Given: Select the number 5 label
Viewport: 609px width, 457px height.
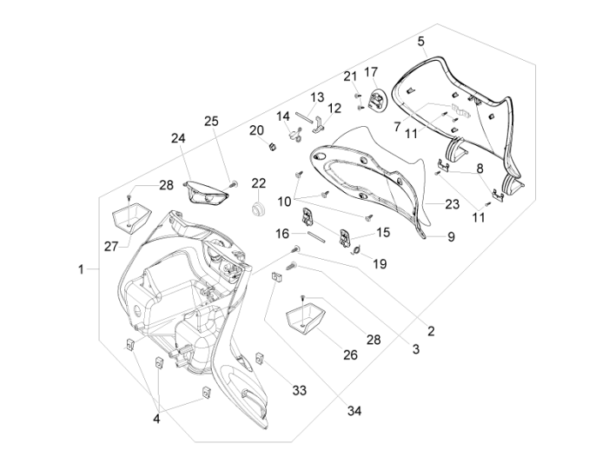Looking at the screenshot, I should [421, 41].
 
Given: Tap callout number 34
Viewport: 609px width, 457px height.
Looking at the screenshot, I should [355, 411].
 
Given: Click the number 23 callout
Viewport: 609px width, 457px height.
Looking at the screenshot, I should [452, 203].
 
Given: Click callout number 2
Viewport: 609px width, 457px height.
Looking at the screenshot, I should [431, 331].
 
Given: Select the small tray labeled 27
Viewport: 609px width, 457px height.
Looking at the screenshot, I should [129, 219].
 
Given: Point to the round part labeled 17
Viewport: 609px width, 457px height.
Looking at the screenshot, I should [374, 100].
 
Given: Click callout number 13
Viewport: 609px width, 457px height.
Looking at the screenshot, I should [317, 97].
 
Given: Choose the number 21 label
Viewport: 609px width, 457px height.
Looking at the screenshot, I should [350, 75].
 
